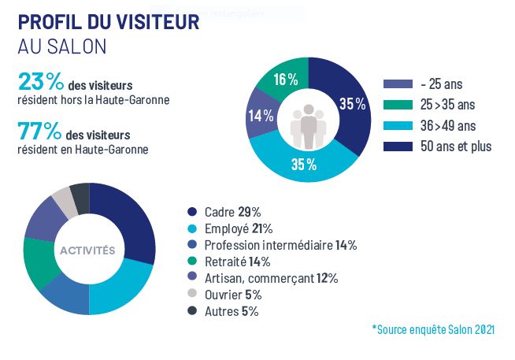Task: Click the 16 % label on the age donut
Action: point(286,79)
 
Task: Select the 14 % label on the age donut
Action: point(261,116)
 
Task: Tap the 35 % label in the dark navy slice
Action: point(352,104)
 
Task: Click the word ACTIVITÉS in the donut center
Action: point(88,251)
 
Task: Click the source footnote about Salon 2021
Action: point(433,329)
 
